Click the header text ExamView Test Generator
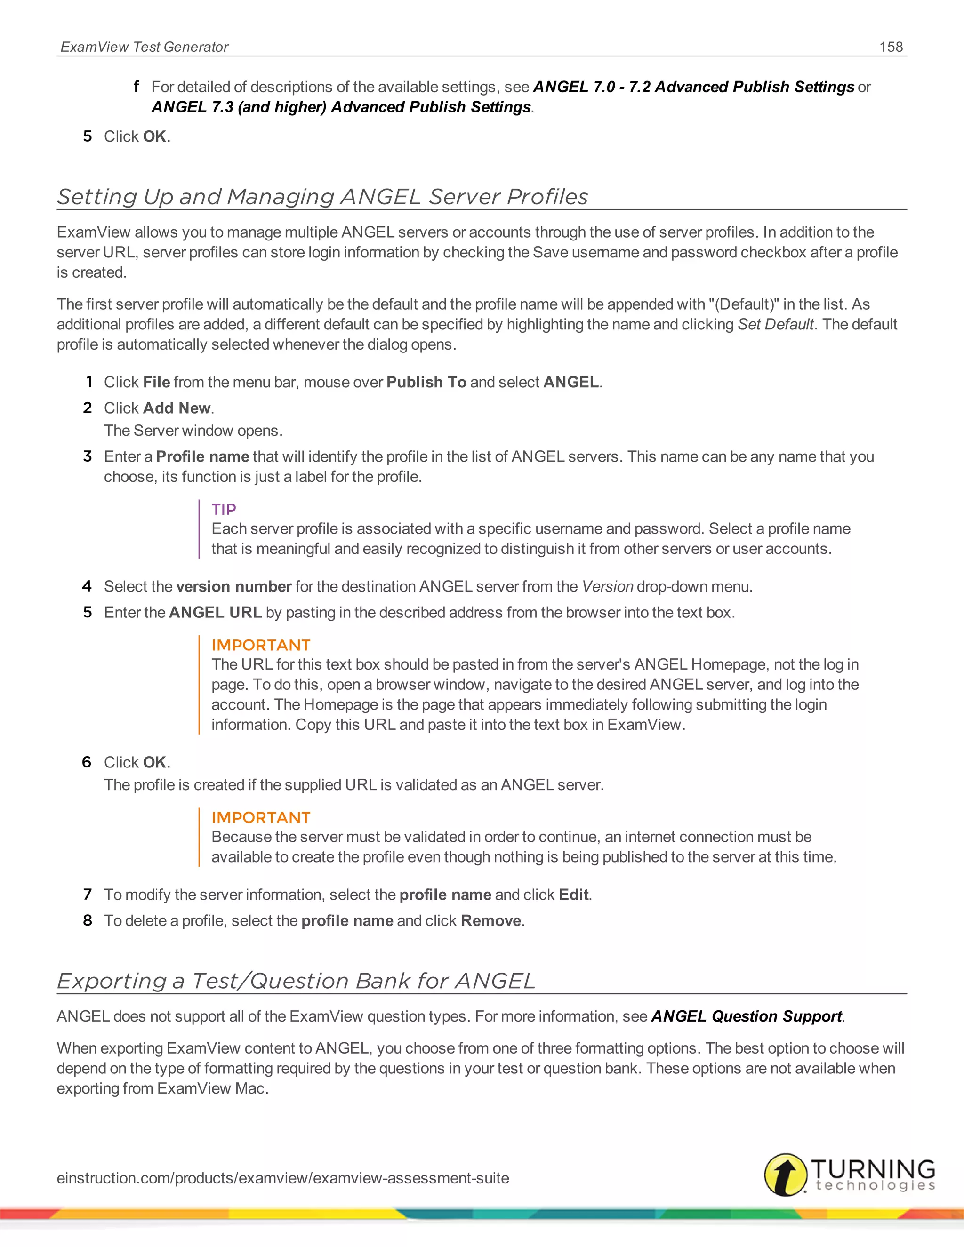[x=145, y=47]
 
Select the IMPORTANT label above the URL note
[x=260, y=645]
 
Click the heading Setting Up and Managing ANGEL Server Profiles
[x=322, y=196]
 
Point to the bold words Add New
[x=177, y=408]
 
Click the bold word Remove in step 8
[x=490, y=920]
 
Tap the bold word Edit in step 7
[x=573, y=894]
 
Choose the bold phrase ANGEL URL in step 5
[x=215, y=612]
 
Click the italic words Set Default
[x=775, y=324]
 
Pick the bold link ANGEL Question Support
[x=747, y=1016]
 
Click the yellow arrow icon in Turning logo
[x=786, y=1175]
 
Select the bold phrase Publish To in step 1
[x=426, y=382]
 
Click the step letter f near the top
[x=136, y=86]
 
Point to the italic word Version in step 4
[x=607, y=586]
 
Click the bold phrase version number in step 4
[x=233, y=586]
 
